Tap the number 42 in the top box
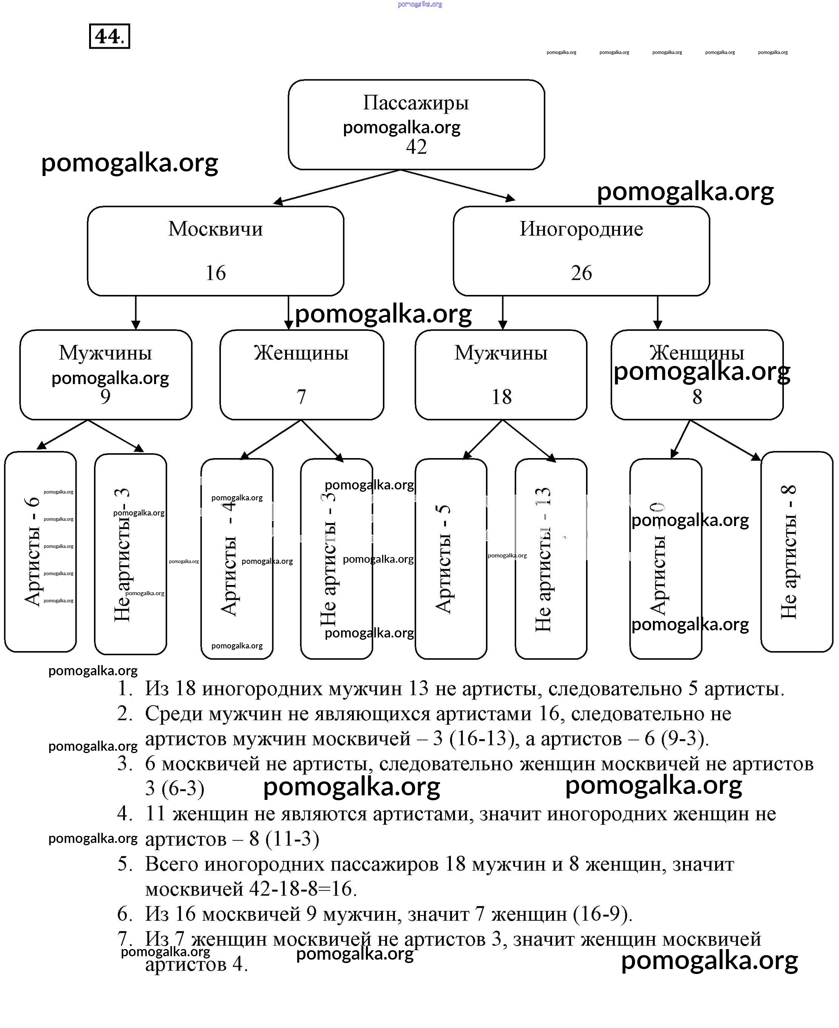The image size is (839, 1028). (416, 147)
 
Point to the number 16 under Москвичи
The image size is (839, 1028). (216, 273)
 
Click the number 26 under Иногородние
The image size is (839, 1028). (581, 273)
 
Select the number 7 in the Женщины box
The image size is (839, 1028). (301, 397)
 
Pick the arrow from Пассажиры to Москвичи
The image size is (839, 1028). (336, 187)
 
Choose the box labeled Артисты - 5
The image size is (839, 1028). (450, 558)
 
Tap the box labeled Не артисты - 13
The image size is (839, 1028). (551, 558)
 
